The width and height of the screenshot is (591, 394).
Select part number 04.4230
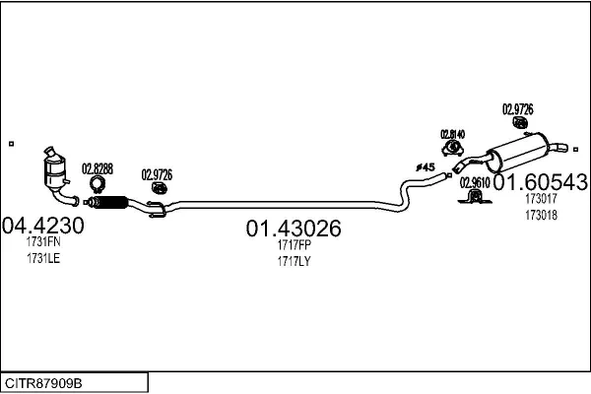tap(43, 226)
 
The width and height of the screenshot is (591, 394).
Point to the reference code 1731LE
tap(43, 259)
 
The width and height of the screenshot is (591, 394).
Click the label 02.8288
tap(97, 168)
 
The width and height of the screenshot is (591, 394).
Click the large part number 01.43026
tap(294, 229)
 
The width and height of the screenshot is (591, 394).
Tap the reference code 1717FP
tap(294, 245)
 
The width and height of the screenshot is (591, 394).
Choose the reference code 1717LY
tap(294, 261)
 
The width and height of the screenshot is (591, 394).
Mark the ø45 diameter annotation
tap(426, 167)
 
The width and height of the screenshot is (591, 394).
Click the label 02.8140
tap(452, 134)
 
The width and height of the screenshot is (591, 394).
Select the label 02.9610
tap(474, 182)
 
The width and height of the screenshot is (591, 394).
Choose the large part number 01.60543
tap(541, 182)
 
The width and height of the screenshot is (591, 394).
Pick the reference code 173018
tap(541, 215)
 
